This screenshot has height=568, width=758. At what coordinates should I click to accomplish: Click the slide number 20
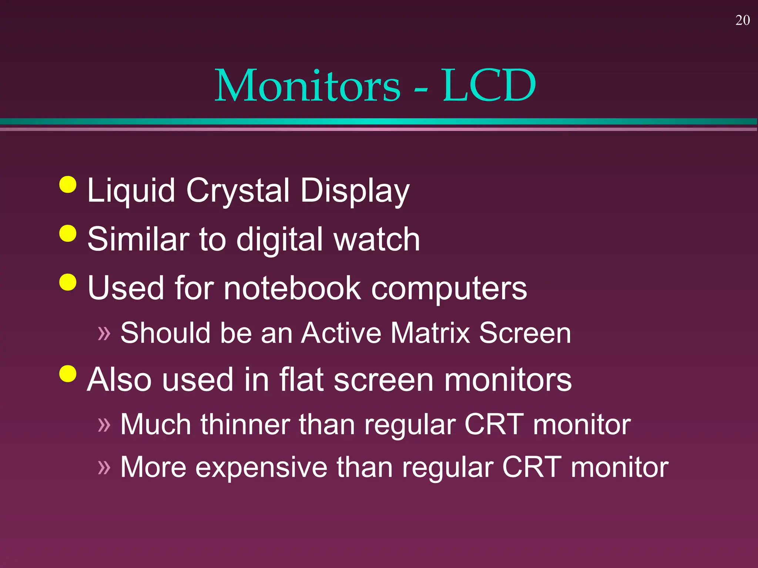coord(742,20)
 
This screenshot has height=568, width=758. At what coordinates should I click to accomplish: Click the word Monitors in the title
coord(308,86)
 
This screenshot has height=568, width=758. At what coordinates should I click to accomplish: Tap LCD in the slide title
coord(489,86)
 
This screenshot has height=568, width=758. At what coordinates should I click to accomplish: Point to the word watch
coord(376,240)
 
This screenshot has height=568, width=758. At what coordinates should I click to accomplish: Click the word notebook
coord(292,288)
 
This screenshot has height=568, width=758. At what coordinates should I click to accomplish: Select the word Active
coord(341,333)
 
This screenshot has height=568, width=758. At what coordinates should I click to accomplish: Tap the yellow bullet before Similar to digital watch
coord(68,233)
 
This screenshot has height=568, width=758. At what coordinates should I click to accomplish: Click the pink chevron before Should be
coord(104,333)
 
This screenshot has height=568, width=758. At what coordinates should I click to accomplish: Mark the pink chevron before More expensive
coord(104,467)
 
